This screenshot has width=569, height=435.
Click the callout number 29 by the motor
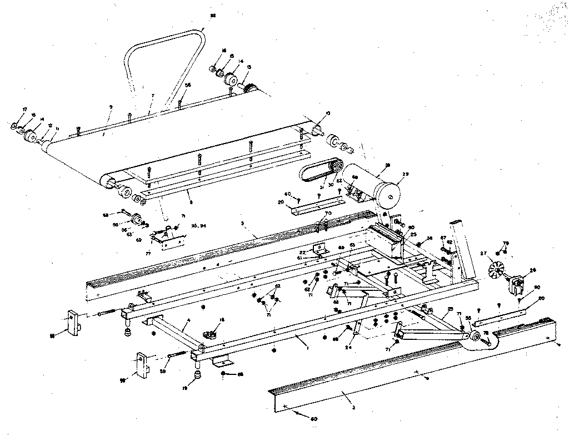[x=405, y=175]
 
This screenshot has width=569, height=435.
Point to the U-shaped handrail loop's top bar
[x=167, y=38]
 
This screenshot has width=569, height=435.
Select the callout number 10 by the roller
[x=328, y=113]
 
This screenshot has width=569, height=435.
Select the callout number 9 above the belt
[x=111, y=107]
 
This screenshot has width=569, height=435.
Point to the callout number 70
[x=328, y=214]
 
